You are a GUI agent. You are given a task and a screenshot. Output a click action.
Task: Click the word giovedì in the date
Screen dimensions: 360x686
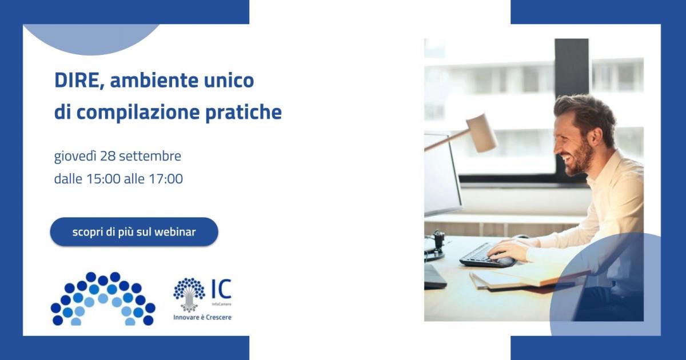(x=75, y=156)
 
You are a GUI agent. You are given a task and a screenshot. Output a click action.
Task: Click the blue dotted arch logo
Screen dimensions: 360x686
(x=103, y=298)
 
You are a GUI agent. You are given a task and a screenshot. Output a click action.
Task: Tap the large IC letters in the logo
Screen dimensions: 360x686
(x=221, y=289)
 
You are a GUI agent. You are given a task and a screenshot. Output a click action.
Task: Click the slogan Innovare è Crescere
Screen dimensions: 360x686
(x=202, y=317)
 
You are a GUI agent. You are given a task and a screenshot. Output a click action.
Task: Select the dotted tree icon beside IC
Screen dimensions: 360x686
(x=189, y=293)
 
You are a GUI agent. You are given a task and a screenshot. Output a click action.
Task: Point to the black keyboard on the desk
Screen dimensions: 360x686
(x=483, y=256)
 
